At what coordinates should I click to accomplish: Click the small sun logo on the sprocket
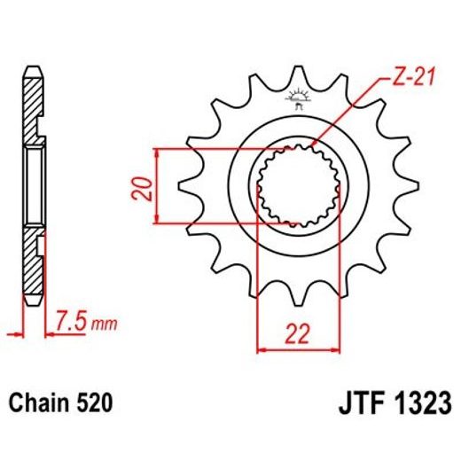[x=294, y=99]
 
